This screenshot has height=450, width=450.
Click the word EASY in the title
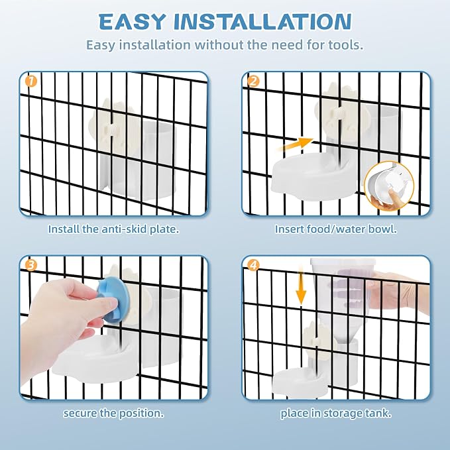click(132, 21)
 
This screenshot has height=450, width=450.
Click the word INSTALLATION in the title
click(262, 21)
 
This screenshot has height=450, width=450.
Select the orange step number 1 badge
click(31, 82)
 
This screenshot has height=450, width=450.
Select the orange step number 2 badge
click(253, 82)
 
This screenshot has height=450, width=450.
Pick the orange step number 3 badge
click(31, 265)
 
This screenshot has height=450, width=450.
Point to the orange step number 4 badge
click(253, 265)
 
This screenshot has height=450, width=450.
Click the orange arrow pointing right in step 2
click(296, 145)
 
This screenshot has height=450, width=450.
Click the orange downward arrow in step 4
click(301, 285)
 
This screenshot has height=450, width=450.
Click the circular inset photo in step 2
click(389, 186)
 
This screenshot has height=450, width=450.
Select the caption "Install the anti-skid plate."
click(113, 229)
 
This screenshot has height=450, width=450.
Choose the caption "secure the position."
click(113, 414)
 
